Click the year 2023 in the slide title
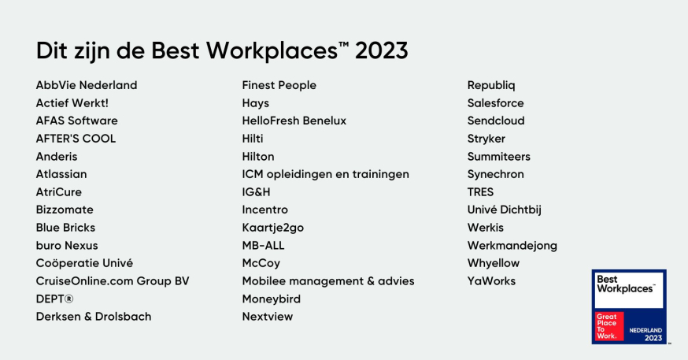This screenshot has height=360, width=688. click(x=382, y=50)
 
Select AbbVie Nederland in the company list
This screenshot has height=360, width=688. click(x=87, y=85)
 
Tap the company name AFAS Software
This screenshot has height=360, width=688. click(x=76, y=121)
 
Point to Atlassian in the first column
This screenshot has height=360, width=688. click(x=61, y=174)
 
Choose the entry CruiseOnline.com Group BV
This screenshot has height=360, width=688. click(x=113, y=281)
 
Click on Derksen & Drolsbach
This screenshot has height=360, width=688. click(x=94, y=317)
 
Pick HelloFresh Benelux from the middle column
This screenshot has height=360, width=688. click(x=294, y=121)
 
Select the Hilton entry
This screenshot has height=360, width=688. click(x=258, y=156)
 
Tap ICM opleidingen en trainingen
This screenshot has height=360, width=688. click(x=325, y=174)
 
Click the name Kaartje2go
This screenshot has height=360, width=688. click(x=272, y=228)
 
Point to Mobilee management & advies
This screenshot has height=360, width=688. click(x=327, y=281)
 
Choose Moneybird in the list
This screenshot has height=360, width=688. click(x=271, y=299)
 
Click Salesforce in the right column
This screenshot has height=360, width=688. click(x=495, y=103)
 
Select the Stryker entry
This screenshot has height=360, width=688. click(x=486, y=139)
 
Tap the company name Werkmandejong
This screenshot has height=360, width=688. click(x=512, y=246)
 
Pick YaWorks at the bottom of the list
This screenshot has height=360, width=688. click(x=491, y=281)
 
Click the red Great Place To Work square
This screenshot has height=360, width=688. click(x=608, y=326)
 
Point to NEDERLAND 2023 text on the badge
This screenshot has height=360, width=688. click(x=646, y=333)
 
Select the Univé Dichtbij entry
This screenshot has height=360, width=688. click(x=504, y=210)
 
